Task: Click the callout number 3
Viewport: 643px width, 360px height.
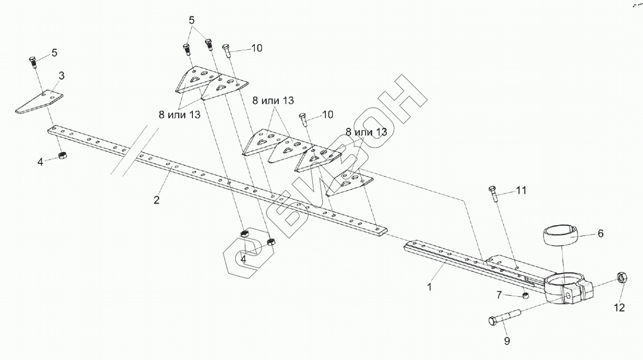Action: tap(61, 76)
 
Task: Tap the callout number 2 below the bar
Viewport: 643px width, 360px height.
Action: tap(156, 200)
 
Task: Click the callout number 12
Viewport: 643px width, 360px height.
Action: tap(619, 308)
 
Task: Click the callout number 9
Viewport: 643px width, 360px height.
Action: tap(507, 340)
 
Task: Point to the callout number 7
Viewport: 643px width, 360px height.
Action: tap(499, 295)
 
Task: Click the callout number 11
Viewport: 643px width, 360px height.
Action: tap(521, 190)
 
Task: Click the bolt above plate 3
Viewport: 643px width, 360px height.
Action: tap(33, 62)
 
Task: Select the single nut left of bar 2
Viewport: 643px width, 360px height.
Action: tap(62, 155)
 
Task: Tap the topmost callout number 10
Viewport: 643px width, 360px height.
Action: tap(257, 48)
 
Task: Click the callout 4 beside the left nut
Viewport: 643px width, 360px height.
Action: tap(41, 161)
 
